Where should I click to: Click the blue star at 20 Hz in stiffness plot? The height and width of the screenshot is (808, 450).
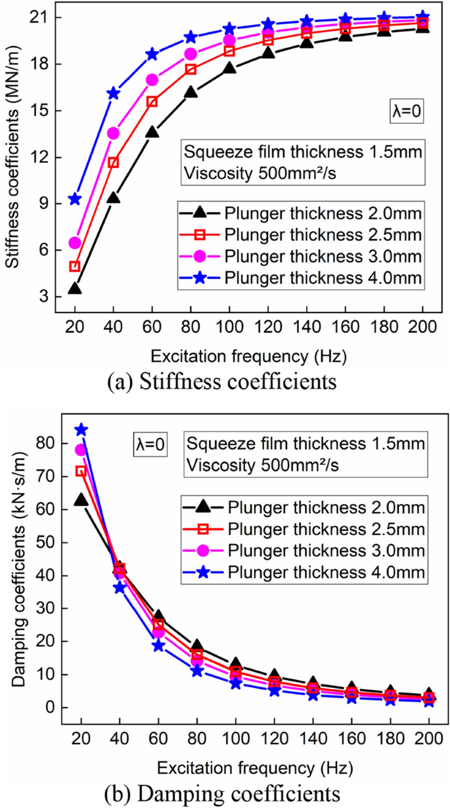click(75, 199)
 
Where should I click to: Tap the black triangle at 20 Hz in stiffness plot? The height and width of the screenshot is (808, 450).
click(75, 288)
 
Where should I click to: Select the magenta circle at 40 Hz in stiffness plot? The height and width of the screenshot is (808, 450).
click(114, 133)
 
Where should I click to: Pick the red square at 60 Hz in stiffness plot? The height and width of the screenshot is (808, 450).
click(152, 102)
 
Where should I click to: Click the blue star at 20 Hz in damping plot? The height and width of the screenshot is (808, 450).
click(81, 430)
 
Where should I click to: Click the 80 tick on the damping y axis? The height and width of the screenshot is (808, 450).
click(47, 443)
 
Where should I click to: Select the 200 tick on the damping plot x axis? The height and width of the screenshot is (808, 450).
click(429, 738)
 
